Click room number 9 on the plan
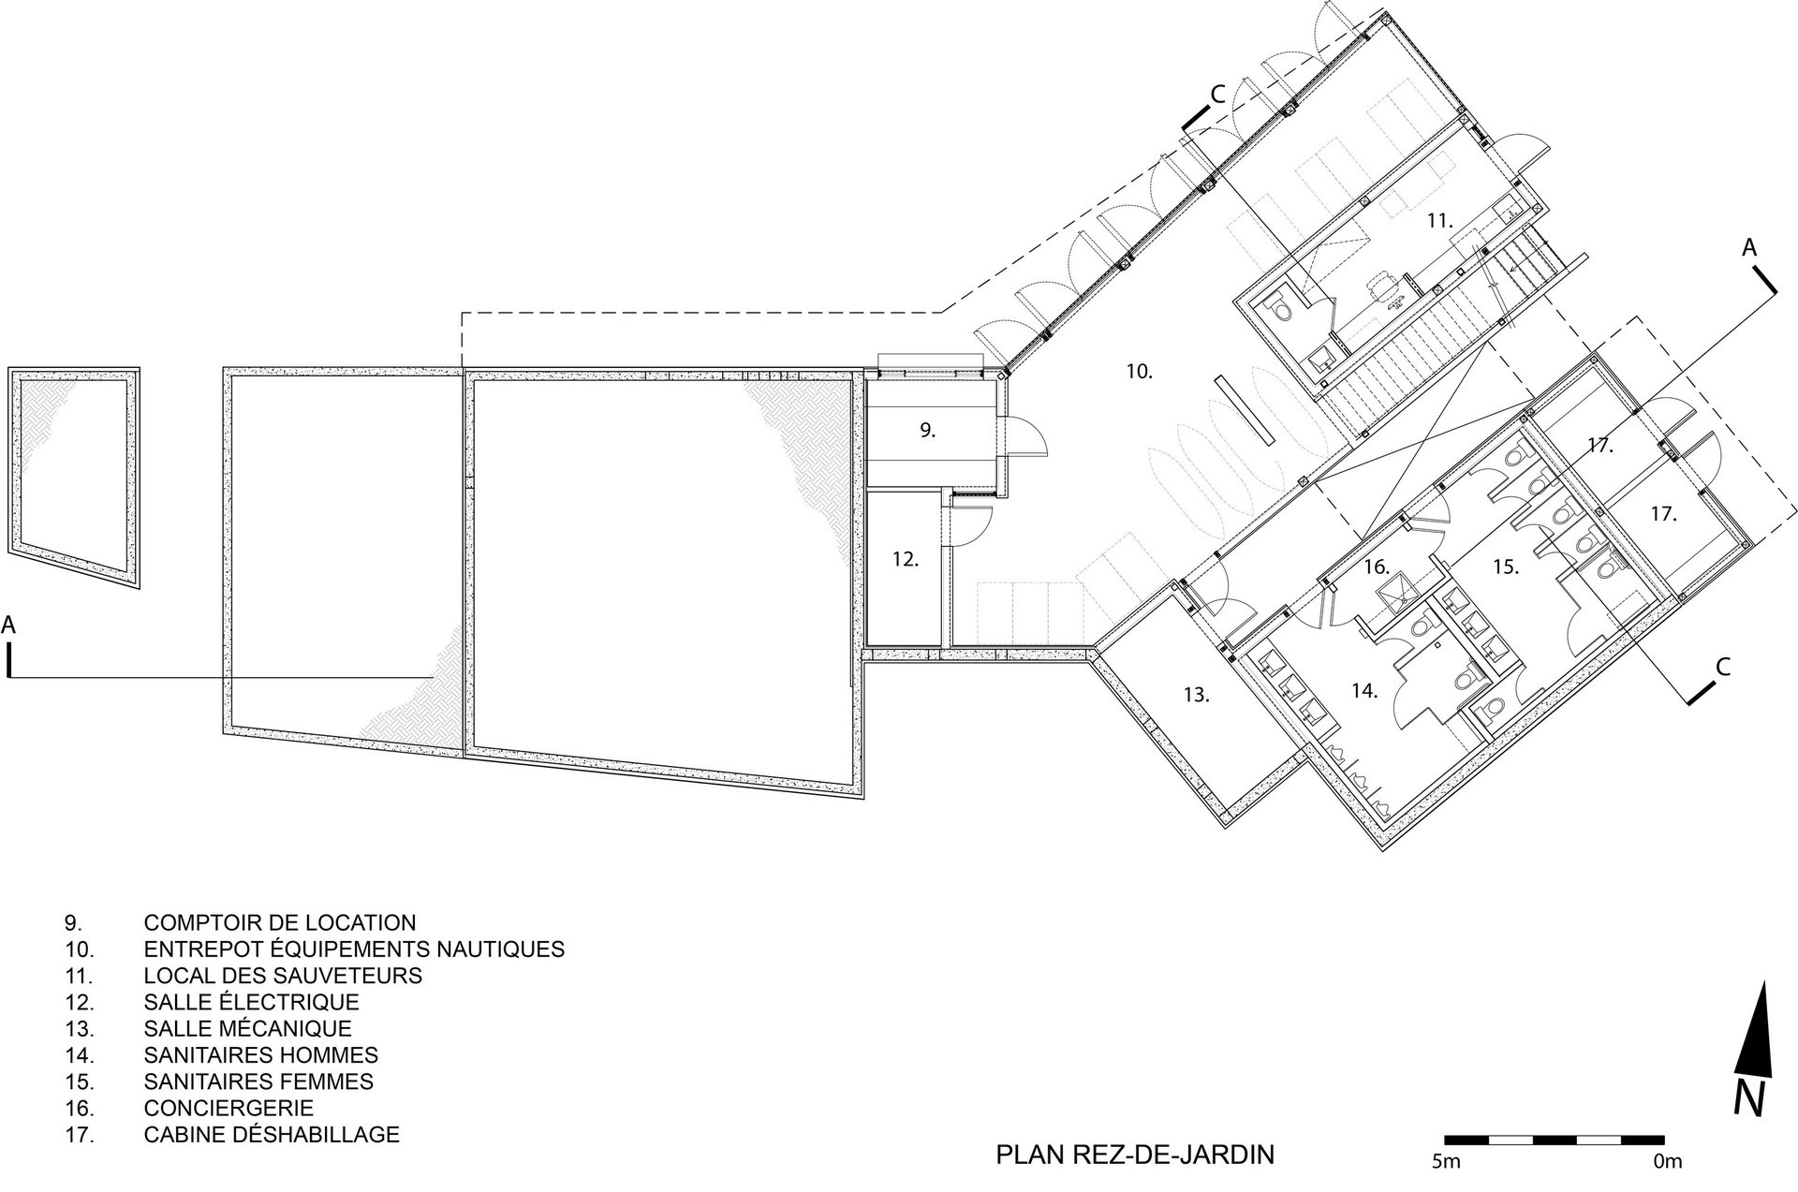(927, 431)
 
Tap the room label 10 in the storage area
(1139, 372)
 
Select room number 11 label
(1439, 221)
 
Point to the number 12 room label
(906, 559)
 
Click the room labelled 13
(1197, 695)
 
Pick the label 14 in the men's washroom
(1364, 691)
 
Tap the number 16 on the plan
(1376, 567)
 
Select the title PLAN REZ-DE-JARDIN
(1135, 1155)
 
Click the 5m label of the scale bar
(1447, 1162)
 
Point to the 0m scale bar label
(1668, 1162)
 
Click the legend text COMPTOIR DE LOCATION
(280, 922)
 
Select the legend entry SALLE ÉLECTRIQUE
(252, 1002)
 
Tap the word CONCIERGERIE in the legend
(228, 1108)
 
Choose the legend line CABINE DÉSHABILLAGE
(272, 1135)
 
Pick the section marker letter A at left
(9, 625)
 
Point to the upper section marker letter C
(1217, 94)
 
